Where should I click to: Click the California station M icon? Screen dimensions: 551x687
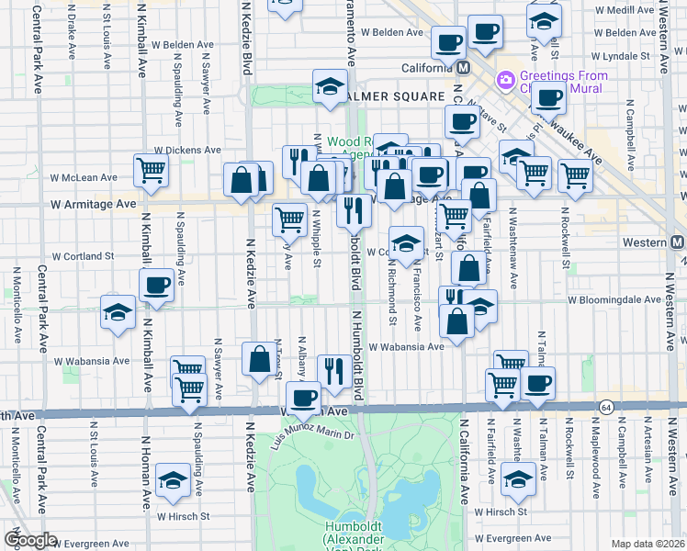pos(463,68)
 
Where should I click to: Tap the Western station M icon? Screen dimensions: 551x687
pos(677,242)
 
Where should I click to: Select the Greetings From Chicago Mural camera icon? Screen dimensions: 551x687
pos(504,81)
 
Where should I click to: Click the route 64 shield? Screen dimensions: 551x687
pos(605,406)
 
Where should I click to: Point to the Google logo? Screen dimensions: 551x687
pos(30,540)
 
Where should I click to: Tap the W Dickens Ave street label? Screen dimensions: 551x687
pos(187,150)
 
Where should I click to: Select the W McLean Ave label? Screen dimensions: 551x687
pos(84,177)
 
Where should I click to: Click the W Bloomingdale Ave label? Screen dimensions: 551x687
pos(614,299)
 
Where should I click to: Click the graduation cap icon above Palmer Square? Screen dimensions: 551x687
pos(330,86)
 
